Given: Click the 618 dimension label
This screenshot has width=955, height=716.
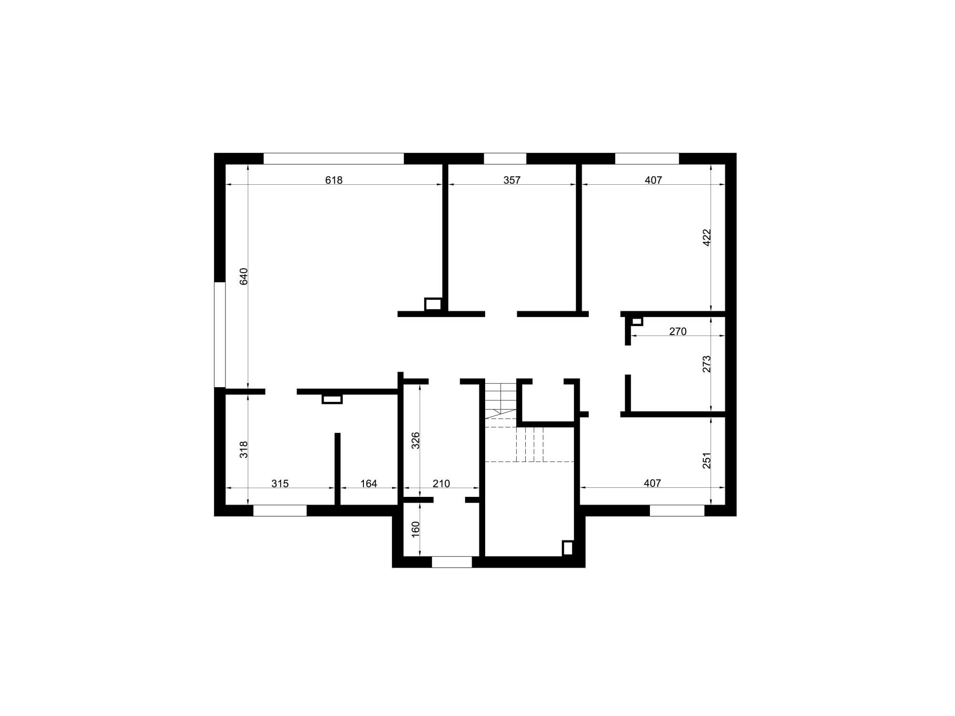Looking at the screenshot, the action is pyautogui.click(x=334, y=180).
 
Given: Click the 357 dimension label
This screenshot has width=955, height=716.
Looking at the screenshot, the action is pyautogui.click(x=512, y=180).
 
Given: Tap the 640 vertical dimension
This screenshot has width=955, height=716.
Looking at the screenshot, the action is pyautogui.click(x=244, y=277).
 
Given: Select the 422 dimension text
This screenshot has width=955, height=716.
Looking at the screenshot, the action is pyautogui.click(x=707, y=237).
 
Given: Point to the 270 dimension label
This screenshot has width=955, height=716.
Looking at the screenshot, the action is pyautogui.click(x=678, y=331).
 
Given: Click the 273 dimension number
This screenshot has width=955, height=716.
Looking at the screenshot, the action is pyautogui.click(x=707, y=364).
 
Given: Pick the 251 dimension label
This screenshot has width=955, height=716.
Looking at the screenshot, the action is pyautogui.click(x=707, y=461).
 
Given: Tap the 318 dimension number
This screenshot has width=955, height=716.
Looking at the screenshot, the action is pyautogui.click(x=244, y=450).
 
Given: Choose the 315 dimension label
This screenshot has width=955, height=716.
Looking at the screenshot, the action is pyautogui.click(x=280, y=484).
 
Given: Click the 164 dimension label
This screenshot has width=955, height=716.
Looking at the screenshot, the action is pyautogui.click(x=369, y=484).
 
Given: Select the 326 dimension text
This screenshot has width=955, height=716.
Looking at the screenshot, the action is pyautogui.click(x=415, y=440).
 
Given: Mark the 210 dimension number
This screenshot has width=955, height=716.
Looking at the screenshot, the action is pyautogui.click(x=441, y=484).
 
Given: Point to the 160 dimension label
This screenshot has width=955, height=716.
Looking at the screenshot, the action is pyautogui.click(x=415, y=529).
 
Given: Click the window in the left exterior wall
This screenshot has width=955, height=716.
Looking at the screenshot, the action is pyautogui.click(x=220, y=334).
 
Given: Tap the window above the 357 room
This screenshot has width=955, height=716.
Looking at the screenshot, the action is pyautogui.click(x=505, y=158).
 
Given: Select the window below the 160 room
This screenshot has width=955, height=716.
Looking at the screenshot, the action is pyautogui.click(x=452, y=562).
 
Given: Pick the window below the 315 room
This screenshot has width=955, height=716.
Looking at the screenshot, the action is pyautogui.click(x=280, y=510).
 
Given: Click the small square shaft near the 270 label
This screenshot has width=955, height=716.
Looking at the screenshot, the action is pyautogui.click(x=637, y=321).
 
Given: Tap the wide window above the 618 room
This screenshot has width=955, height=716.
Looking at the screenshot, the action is pyautogui.click(x=334, y=158).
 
